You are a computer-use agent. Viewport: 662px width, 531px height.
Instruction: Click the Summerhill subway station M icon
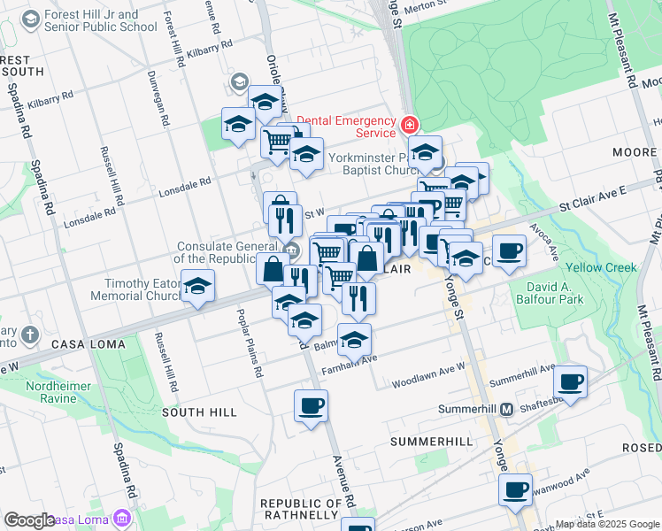[506, 410]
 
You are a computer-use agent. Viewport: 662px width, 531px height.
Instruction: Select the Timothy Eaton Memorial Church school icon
[198, 287]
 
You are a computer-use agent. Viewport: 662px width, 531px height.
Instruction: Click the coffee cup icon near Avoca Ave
[509, 252]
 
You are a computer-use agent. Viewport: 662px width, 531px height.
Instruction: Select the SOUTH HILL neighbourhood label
[199, 412]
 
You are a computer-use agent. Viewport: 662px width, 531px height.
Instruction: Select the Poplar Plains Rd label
[250, 344]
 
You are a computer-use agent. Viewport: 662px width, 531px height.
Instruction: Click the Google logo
[29, 519]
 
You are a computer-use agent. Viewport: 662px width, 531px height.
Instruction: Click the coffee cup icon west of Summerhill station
[311, 405]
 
